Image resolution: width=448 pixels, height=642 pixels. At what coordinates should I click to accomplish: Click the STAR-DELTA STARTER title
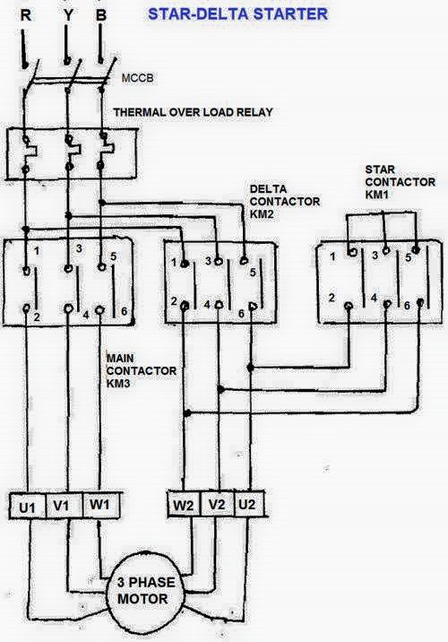[237, 14]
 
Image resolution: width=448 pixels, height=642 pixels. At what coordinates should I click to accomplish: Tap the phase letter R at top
[26, 15]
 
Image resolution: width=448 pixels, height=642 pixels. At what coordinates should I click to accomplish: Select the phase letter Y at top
[68, 15]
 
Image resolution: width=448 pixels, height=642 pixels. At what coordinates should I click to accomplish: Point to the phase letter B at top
[101, 15]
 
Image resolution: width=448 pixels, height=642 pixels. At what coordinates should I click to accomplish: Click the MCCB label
[137, 78]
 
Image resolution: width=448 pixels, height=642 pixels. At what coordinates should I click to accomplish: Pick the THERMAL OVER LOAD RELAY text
[194, 112]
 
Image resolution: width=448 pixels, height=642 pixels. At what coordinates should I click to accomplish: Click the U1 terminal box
[28, 507]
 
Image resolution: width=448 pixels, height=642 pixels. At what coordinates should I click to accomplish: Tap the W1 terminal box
[101, 505]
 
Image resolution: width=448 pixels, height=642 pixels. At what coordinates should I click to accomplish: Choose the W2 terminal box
[184, 505]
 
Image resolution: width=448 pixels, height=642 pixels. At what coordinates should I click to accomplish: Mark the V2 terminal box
[217, 504]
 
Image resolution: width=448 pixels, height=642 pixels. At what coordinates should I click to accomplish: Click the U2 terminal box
[248, 504]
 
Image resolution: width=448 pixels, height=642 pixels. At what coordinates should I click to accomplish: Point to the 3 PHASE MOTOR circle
[142, 591]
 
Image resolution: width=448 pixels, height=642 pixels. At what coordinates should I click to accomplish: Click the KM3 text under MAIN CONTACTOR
[118, 384]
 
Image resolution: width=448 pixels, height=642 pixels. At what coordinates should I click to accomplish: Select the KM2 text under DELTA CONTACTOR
[262, 214]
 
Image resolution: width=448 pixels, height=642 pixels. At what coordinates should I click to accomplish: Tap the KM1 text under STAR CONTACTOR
[377, 195]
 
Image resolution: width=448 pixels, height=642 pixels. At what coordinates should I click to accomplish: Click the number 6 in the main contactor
[124, 311]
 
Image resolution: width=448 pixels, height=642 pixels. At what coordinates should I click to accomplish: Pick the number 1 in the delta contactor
[175, 262]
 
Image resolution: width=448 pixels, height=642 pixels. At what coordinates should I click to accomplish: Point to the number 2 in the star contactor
[332, 298]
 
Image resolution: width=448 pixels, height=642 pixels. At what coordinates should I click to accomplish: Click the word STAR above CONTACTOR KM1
[380, 169]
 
